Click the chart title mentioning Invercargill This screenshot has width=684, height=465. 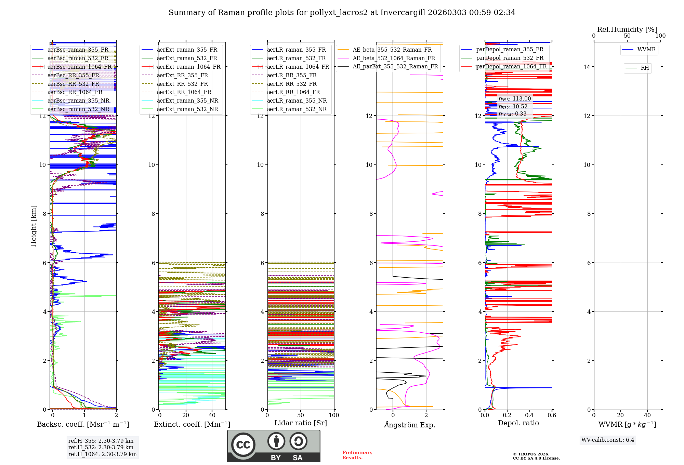[342, 13]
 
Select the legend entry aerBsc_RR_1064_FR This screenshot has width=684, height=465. [75, 92]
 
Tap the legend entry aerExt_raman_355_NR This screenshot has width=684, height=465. [187, 101]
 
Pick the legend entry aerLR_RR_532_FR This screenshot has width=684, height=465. [292, 84]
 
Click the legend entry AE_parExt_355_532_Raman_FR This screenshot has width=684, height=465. [395, 67]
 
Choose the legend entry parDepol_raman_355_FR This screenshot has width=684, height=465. [510, 50]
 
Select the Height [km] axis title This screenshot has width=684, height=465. [34, 226]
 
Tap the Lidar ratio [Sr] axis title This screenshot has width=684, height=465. [301, 423]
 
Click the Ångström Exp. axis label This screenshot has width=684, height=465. [410, 425]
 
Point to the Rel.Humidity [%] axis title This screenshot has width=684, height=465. [627, 29]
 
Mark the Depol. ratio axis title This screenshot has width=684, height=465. [518, 423]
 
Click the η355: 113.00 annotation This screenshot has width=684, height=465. [515, 99]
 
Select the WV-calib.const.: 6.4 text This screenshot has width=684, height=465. [607, 440]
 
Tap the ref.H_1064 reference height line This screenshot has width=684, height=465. [102, 454]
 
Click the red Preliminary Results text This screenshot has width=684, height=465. [357, 455]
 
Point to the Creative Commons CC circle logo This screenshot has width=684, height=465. [243, 444]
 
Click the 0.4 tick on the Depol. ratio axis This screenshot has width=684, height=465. [529, 415]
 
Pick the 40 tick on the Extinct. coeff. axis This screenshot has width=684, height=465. [212, 415]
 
